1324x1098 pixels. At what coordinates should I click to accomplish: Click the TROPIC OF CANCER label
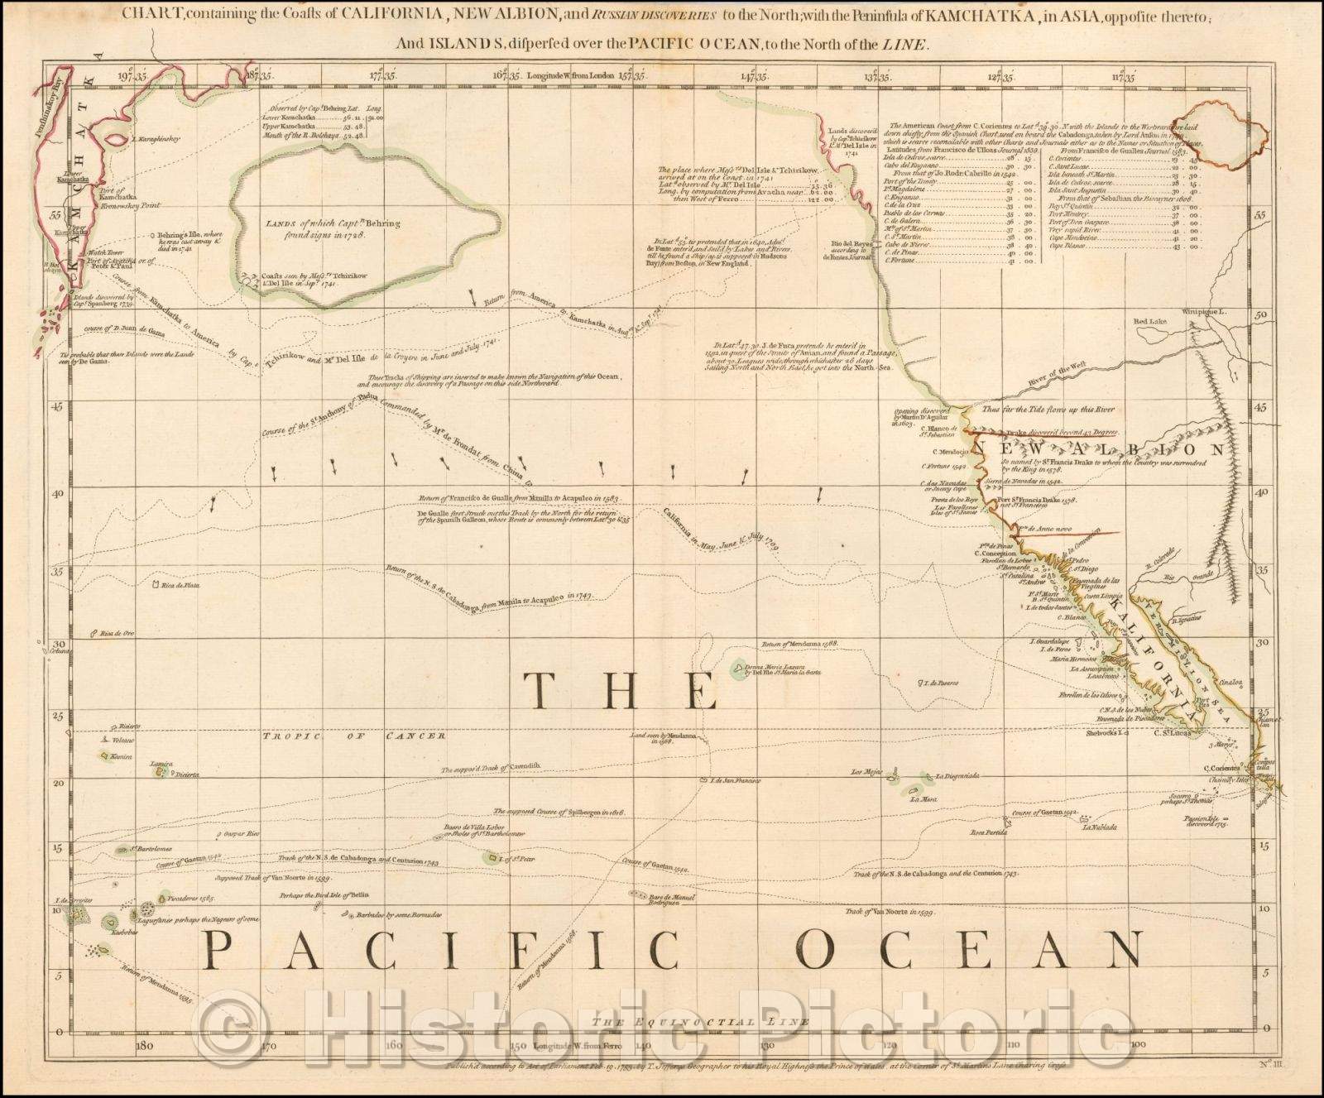354,736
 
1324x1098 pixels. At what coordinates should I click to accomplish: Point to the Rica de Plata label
182,586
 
